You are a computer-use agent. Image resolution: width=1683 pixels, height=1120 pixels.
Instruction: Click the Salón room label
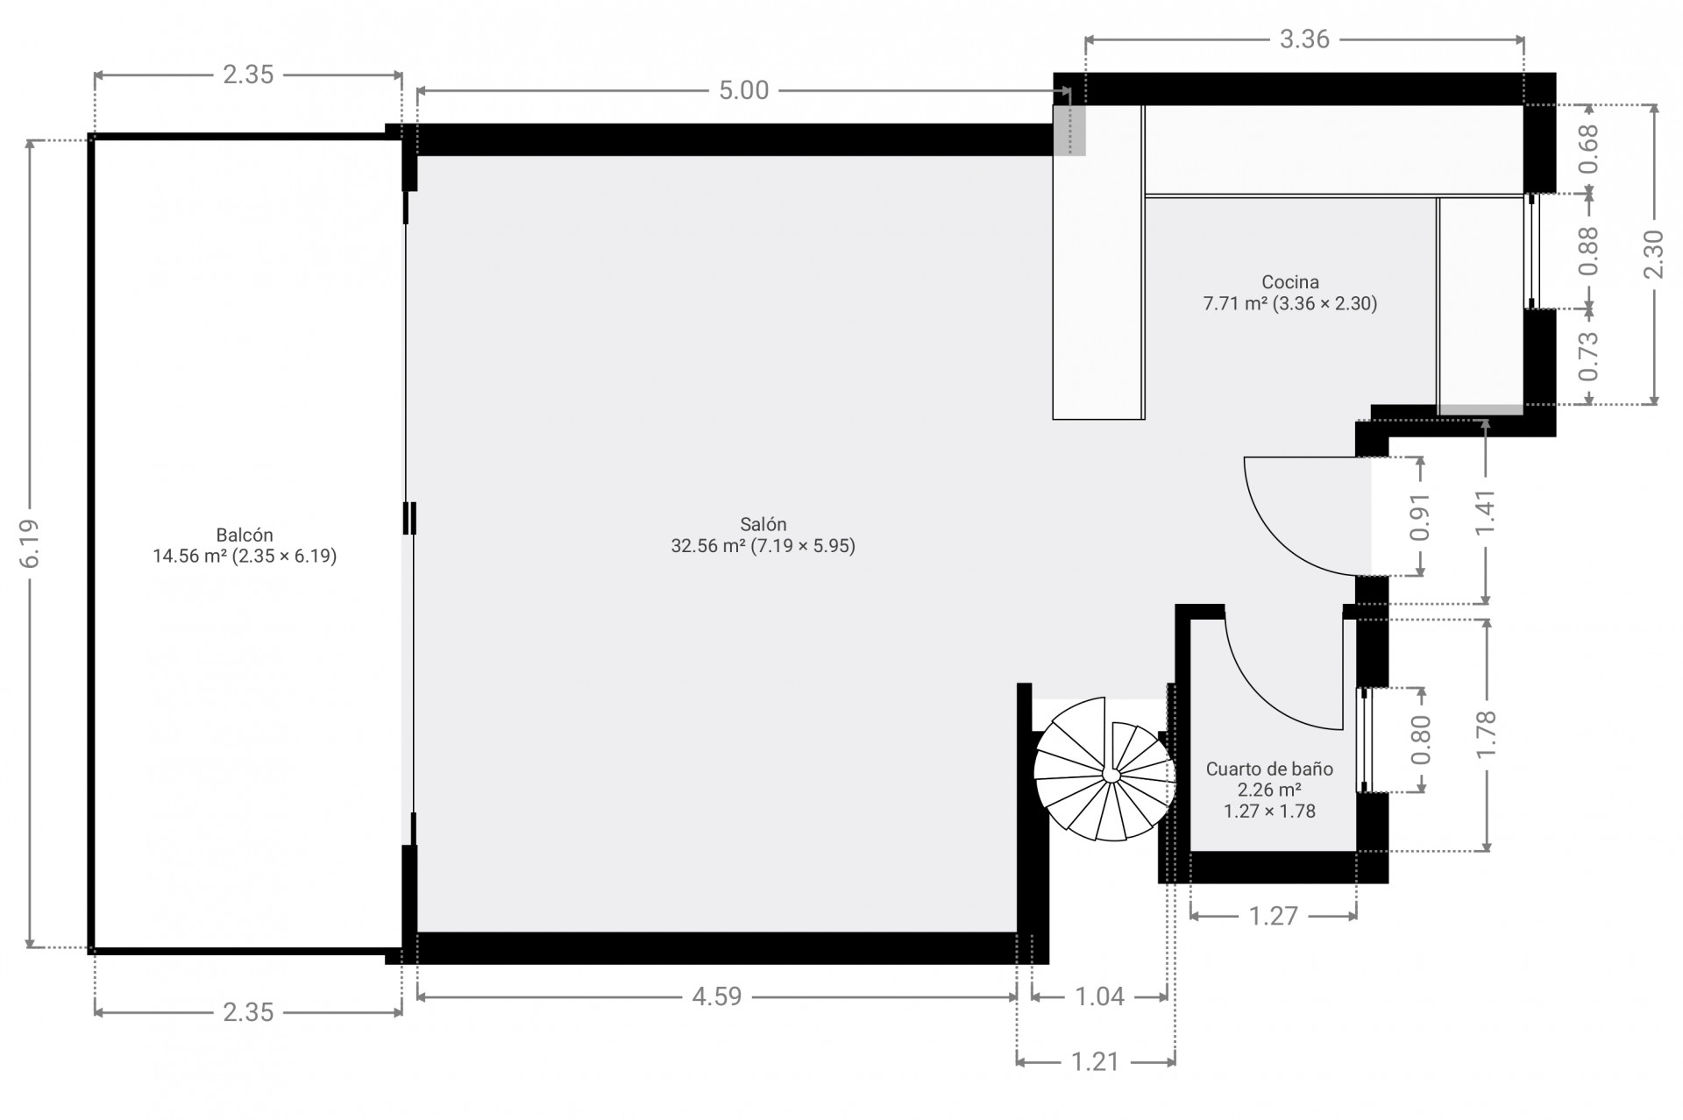click(763, 524)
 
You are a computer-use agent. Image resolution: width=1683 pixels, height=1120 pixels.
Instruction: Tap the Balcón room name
click(245, 535)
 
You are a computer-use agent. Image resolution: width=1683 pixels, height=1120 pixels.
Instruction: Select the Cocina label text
click(1290, 282)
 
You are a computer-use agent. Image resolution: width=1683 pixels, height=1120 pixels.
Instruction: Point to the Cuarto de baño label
click(1269, 769)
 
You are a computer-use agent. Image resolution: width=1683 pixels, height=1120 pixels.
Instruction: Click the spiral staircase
click(1104, 769)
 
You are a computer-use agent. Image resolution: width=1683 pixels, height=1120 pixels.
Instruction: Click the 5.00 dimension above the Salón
click(743, 90)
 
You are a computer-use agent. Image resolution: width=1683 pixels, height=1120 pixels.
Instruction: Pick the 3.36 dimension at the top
click(1304, 39)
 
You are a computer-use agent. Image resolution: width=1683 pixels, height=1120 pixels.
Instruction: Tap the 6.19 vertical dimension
click(30, 543)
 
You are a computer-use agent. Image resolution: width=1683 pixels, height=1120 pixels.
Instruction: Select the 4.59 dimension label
click(717, 996)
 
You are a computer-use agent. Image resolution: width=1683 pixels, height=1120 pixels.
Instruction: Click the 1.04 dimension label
click(1099, 996)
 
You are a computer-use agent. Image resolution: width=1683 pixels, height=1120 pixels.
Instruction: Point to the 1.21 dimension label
click(1096, 1062)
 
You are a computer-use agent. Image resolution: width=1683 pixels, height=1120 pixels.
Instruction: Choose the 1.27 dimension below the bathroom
click(1273, 917)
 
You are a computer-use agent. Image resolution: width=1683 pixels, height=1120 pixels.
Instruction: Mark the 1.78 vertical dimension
click(1486, 734)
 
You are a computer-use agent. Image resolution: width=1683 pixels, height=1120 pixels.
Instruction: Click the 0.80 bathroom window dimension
click(1421, 740)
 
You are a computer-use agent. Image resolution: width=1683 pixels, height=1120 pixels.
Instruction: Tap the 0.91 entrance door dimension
click(1420, 517)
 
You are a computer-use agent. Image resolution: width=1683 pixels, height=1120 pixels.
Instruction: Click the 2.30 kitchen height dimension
click(1653, 254)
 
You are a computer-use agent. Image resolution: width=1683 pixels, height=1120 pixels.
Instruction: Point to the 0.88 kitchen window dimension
click(1588, 251)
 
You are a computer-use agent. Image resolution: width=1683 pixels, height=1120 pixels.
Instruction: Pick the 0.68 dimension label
click(1588, 149)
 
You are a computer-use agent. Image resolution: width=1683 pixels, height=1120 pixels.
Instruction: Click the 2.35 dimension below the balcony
click(248, 1013)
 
